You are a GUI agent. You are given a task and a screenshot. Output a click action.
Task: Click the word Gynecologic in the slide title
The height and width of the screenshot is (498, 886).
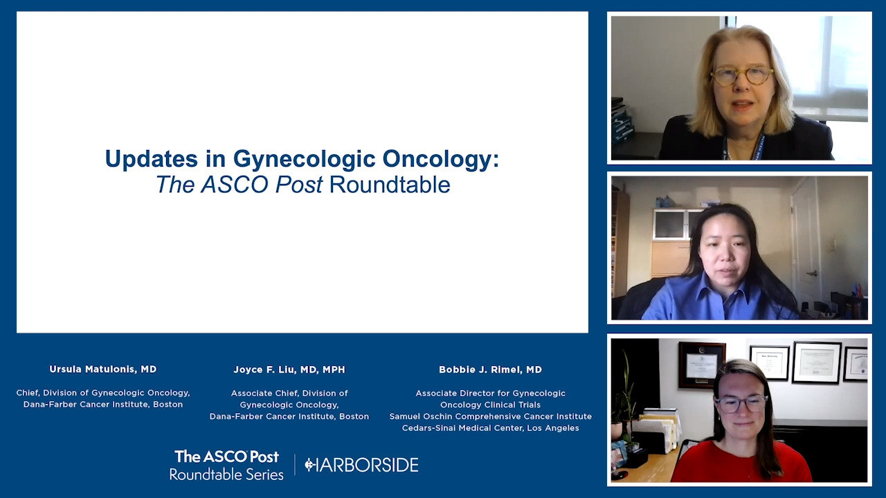pyautogui.click(x=304, y=159)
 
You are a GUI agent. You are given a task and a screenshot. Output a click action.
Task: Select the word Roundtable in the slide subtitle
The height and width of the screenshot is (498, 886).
pyautogui.click(x=390, y=185)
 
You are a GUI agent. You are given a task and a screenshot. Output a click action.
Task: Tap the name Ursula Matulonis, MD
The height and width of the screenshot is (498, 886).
pyautogui.click(x=103, y=369)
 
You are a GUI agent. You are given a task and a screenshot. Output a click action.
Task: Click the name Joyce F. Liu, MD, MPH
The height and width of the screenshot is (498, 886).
pyautogui.click(x=289, y=369)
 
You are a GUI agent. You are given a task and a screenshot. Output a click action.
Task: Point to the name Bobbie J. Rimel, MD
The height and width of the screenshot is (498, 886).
pyautogui.click(x=491, y=369)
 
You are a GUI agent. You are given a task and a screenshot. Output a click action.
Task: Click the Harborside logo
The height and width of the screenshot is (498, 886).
pyautogui.click(x=361, y=465)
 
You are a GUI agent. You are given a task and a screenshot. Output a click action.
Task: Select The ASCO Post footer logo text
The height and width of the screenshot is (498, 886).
pyautogui.click(x=226, y=457)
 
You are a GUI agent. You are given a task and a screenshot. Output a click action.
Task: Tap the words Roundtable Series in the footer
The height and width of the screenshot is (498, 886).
pyautogui.click(x=226, y=474)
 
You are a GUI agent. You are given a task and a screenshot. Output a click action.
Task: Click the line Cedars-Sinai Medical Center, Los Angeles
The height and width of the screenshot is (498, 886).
pyautogui.click(x=491, y=428)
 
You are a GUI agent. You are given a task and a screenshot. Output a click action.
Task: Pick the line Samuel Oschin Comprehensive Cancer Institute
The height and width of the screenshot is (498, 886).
pyautogui.click(x=491, y=416)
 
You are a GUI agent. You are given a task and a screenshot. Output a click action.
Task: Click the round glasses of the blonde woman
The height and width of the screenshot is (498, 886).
pyautogui.click(x=741, y=76)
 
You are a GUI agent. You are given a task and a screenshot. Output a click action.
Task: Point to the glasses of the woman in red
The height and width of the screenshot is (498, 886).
pyautogui.click(x=741, y=405)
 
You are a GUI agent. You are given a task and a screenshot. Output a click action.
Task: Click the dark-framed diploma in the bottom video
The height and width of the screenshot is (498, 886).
pyautogui.click(x=702, y=365)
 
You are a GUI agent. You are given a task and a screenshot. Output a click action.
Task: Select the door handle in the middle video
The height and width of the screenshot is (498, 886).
pyautogui.click(x=812, y=273)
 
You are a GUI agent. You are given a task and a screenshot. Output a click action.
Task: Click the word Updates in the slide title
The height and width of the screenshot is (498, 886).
pyautogui.click(x=151, y=159)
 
